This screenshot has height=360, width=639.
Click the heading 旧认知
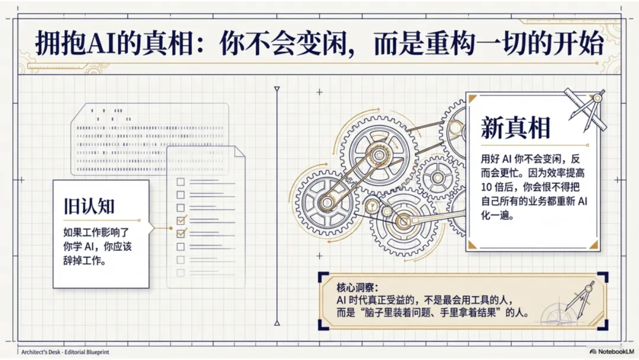(x=89, y=206)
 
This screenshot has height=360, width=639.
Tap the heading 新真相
(x=515, y=127)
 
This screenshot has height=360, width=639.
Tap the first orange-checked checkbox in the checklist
(x=181, y=220)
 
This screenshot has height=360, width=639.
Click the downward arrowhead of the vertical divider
(x=276, y=322)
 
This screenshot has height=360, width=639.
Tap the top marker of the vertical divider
(x=276, y=89)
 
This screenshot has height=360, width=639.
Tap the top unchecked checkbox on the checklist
(x=181, y=181)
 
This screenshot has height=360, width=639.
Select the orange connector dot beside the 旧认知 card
(x=154, y=226)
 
